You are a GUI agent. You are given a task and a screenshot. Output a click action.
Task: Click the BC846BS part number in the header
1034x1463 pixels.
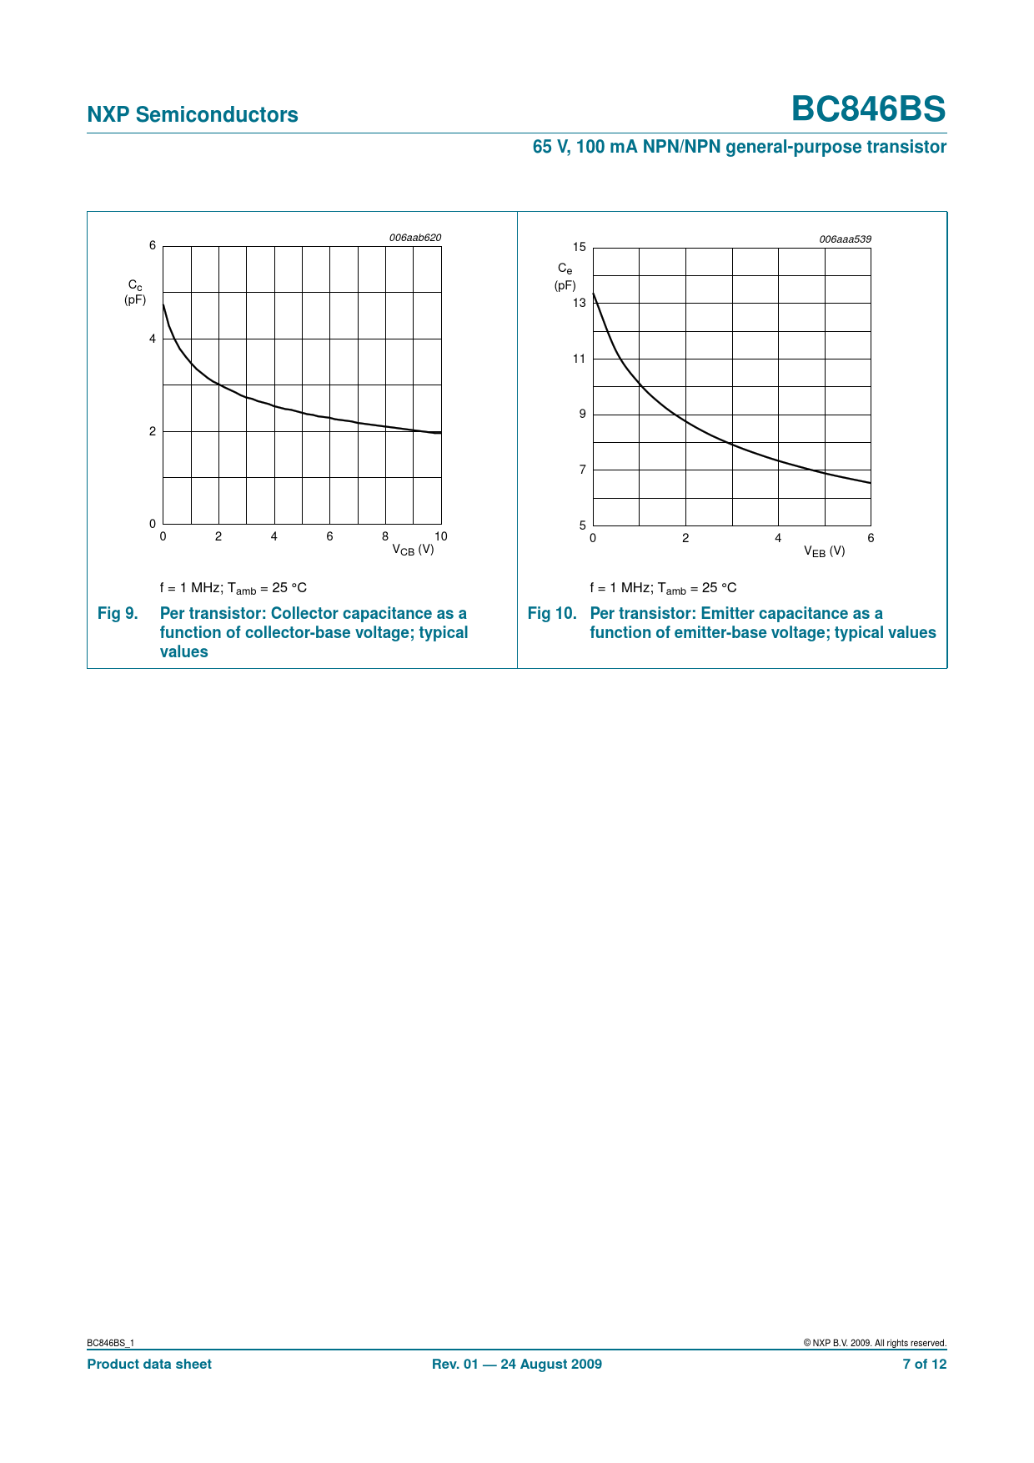[x=868, y=109]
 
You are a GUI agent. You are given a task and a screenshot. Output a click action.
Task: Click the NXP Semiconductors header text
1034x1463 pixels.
[x=193, y=115]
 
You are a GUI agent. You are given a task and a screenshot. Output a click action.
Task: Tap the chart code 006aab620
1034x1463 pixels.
[x=415, y=238]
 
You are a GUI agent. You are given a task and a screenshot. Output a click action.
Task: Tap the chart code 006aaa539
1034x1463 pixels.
[x=845, y=239]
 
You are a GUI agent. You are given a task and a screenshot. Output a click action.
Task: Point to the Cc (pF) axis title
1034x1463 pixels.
[x=135, y=293]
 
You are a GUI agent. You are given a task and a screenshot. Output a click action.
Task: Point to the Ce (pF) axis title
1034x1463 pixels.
[x=565, y=277]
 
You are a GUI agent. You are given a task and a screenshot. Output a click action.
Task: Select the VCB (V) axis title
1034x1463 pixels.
[x=413, y=550]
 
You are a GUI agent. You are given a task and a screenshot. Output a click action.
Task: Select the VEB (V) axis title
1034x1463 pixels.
[x=824, y=551]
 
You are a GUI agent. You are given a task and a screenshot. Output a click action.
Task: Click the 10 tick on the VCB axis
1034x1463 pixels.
[x=441, y=536]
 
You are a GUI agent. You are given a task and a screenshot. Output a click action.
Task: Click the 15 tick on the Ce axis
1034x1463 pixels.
[x=580, y=247]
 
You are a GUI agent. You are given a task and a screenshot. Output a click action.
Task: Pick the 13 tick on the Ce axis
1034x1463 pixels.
[x=580, y=303]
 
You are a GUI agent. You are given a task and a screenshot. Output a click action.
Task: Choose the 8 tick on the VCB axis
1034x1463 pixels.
[x=385, y=536]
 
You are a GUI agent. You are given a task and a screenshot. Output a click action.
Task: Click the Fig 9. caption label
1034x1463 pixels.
[x=118, y=614]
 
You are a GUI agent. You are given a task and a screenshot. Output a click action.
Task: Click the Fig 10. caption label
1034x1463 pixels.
[x=552, y=614]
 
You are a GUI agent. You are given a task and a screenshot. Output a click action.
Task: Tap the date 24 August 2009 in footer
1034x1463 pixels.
[x=550, y=1365]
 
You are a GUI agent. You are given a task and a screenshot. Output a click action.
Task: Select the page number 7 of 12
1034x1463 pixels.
[x=924, y=1365]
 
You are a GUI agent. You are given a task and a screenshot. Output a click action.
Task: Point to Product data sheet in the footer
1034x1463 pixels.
[x=149, y=1365]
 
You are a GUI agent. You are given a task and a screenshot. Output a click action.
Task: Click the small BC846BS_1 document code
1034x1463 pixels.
[x=110, y=1343]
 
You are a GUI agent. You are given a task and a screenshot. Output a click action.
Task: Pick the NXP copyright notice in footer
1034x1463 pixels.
[x=875, y=1343]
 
